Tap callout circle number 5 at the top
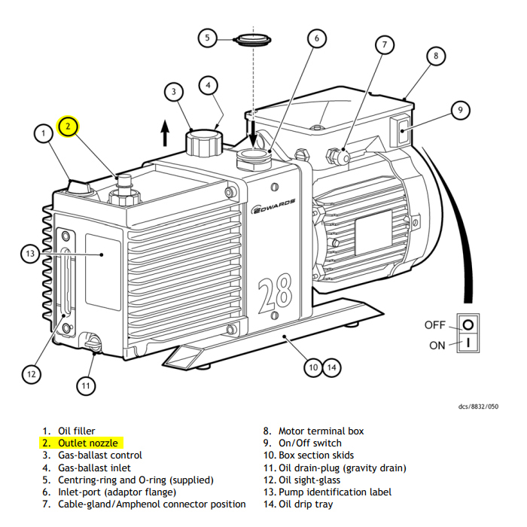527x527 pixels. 209,37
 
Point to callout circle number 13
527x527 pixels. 30,254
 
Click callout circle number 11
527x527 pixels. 87,386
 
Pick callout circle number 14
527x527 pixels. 332,367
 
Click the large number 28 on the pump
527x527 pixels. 275,297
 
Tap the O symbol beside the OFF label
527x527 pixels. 468,325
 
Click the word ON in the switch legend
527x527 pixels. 437,346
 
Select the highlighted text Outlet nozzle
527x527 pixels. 87,443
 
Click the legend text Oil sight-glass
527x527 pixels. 309,480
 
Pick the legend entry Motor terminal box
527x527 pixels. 321,431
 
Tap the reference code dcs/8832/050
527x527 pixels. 478,407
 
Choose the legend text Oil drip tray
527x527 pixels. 305,504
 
